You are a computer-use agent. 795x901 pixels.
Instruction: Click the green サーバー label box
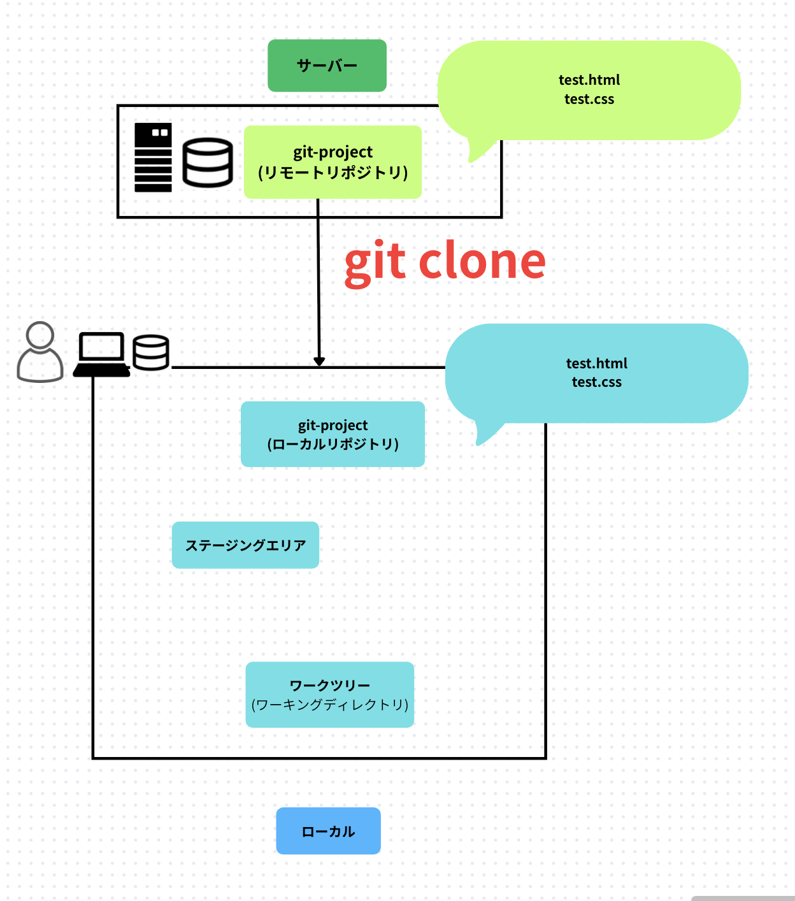pos(327,66)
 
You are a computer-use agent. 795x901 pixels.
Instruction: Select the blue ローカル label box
pos(328,831)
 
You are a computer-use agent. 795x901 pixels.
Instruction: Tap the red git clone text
pos(445,261)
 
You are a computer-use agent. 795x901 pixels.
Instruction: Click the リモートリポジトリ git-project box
pos(333,162)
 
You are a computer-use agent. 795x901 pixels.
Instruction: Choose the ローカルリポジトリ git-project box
pos(333,434)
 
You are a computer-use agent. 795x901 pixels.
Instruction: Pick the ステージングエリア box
pos(245,545)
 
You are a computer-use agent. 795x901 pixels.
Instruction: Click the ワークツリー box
pos(330,694)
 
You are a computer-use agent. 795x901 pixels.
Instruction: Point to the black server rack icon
pos(153,157)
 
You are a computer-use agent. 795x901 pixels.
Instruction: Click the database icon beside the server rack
pos(208,162)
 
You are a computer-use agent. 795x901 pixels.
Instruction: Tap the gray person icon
pos(39,352)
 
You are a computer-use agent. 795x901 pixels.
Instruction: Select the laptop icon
pos(101,354)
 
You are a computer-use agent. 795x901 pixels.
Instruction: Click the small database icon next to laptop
pos(151,352)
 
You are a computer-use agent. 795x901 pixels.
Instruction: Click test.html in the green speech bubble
pos(589,80)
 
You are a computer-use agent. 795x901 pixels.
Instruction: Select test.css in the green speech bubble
pos(589,99)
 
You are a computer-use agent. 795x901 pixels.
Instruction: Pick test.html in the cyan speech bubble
pos(597,363)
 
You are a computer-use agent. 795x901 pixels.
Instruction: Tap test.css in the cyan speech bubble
pos(597,382)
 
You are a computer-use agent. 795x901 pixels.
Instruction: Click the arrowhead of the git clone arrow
pos(319,361)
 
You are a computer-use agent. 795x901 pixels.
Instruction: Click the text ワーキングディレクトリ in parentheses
pos(330,705)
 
